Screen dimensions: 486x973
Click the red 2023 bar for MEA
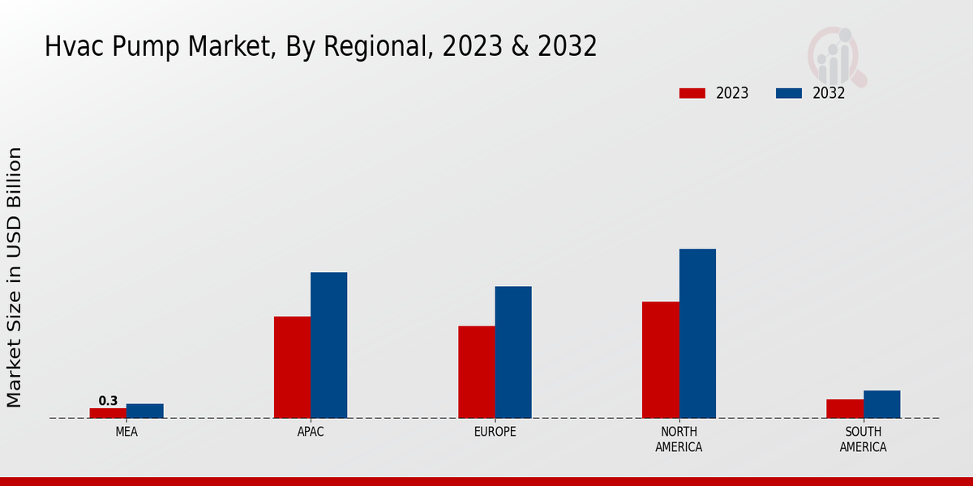click(108, 413)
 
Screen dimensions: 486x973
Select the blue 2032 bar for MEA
click(144, 411)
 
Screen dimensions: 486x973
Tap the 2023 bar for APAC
click(292, 367)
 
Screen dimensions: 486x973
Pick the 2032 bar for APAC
click(328, 345)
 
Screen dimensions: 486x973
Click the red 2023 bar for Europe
click(476, 372)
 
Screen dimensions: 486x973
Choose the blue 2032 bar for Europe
click(513, 352)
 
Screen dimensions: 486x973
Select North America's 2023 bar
click(660, 360)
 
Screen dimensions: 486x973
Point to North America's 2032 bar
click(697, 333)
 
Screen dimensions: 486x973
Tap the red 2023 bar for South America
click(845, 408)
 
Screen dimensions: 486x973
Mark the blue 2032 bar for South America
click(881, 404)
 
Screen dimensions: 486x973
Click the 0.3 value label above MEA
click(108, 401)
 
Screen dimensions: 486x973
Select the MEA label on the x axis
click(126, 432)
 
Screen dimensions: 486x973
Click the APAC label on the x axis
click(311, 432)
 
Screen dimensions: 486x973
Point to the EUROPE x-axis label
click(495, 432)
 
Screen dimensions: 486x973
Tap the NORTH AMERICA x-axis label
click(679, 439)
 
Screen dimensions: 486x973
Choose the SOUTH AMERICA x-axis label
click(863, 439)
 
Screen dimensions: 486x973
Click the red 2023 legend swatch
click(692, 93)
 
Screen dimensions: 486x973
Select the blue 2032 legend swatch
click(789, 93)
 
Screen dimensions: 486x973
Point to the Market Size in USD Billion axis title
click(15, 277)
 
